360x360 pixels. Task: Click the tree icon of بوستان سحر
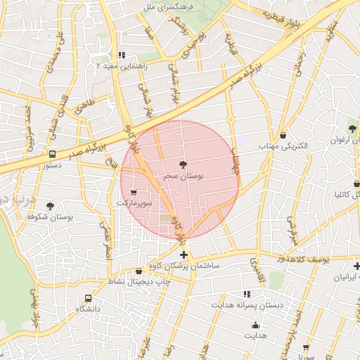(x=184, y=165)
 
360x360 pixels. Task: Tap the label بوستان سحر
(x=182, y=176)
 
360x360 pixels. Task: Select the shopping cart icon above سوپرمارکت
(x=134, y=192)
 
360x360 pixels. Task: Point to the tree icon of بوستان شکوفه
(x=50, y=206)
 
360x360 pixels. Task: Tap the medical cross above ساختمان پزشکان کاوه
(x=184, y=255)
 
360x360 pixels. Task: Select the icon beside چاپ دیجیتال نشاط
(x=138, y=271)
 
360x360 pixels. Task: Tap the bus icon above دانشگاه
(x=88, y=298)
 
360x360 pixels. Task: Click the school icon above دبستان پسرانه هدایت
(x=247, y=294)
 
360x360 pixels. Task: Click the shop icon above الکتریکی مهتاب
(x=283, y=135)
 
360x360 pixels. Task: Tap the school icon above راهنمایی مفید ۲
(x=122, y=55)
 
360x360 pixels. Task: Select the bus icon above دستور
(x=52, y=155)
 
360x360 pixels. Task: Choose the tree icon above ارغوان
(x=352, y=129)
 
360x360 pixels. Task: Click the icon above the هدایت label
(x=255, y=325)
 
